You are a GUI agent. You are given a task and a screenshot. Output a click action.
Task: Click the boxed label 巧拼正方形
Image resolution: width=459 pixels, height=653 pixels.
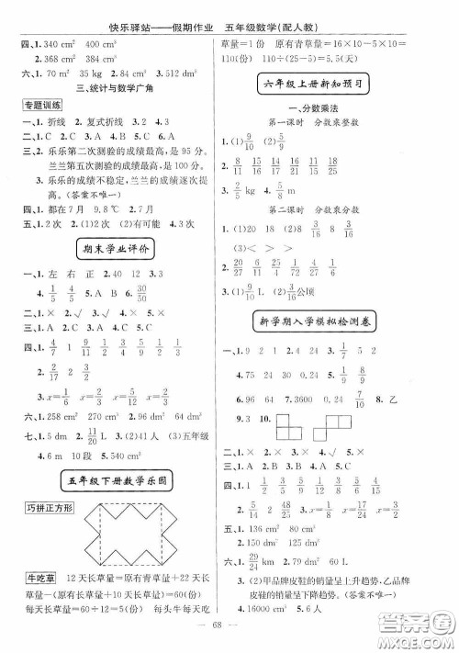click(x=43, y=508)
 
